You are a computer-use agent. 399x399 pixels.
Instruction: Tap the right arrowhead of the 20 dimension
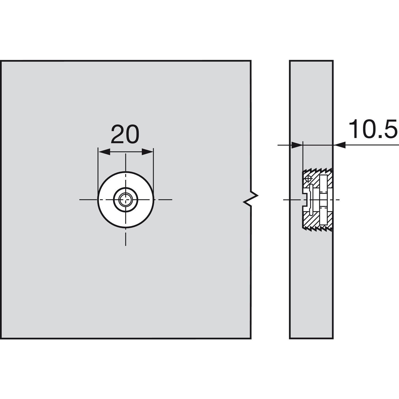click(148, 152)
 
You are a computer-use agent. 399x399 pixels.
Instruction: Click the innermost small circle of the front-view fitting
click(126, 199)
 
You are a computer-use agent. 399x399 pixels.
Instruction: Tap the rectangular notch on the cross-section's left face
click(305, 199)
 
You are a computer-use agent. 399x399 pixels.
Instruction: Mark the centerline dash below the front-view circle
click(126, 238)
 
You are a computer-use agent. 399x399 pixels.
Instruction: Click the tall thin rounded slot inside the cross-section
click(310, 199)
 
